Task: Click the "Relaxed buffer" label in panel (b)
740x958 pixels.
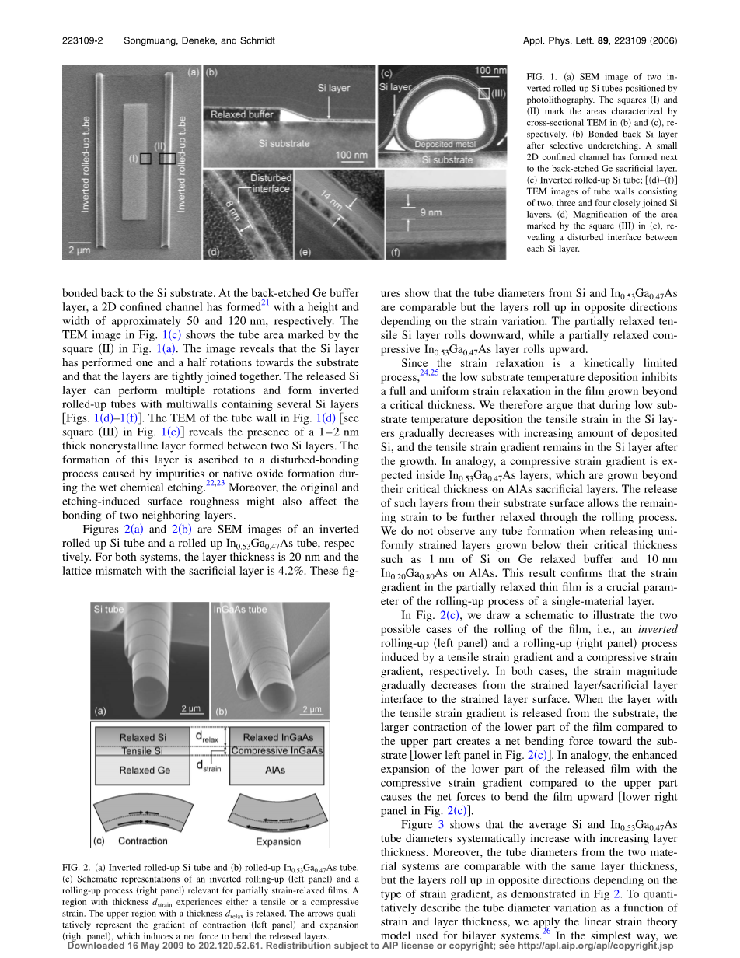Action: click(241, 115)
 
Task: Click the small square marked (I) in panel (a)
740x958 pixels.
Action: click(145, 158)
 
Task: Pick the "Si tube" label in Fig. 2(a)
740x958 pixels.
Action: click(109, 610)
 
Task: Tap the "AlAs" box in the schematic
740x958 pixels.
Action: click(277, 770)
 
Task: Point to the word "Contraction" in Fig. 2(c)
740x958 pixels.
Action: click(142, 841)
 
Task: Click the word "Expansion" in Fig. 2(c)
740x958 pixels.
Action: click(277, 841)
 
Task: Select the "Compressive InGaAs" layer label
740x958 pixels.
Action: click(277, 750)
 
